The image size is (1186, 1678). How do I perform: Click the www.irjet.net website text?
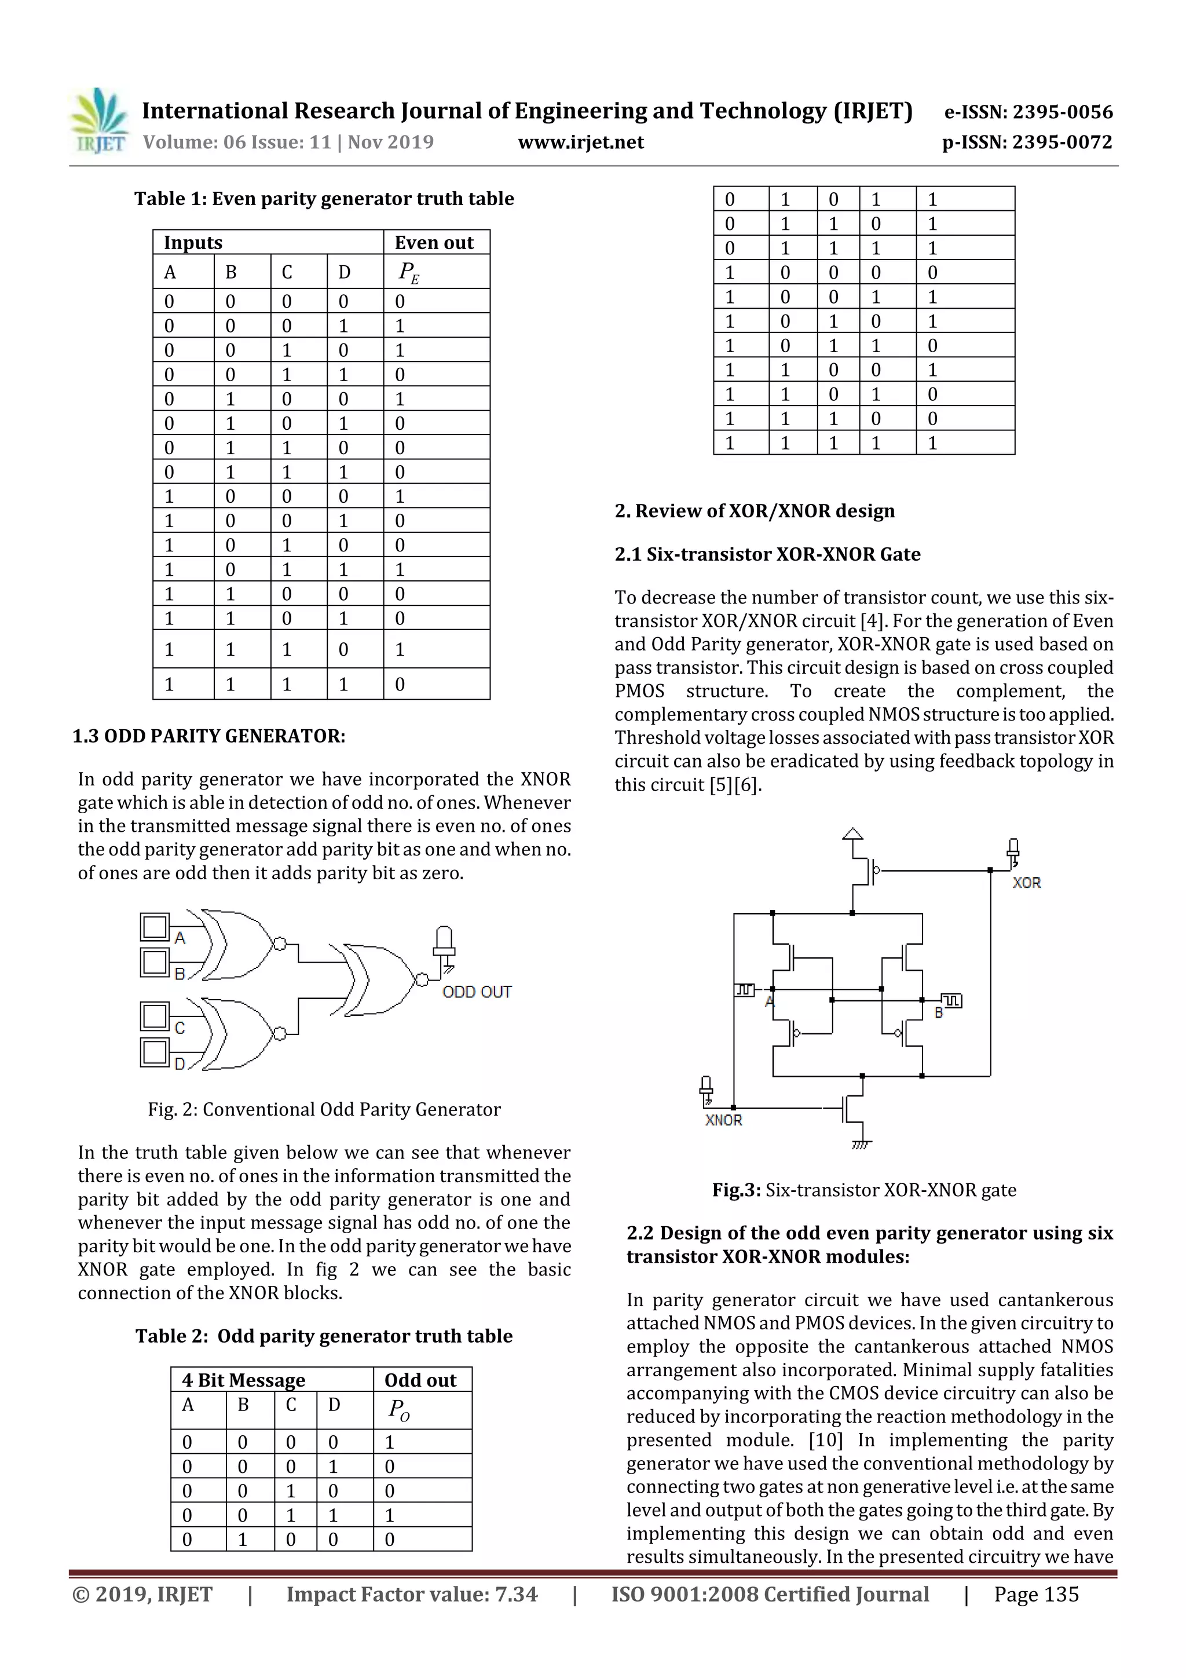coord(581,142)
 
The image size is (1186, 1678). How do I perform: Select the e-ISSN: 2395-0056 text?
coord(1028,112)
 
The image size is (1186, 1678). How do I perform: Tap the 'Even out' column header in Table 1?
coord(434,243)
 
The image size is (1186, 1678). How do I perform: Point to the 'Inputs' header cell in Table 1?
coord(193,243)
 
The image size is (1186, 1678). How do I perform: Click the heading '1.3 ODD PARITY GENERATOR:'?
coord(209,736)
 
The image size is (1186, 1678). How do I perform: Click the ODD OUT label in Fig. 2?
coord(477,992)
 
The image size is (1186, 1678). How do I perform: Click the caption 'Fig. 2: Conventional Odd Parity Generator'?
coord(324,1109)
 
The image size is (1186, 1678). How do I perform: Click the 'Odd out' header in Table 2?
coord(420,1380)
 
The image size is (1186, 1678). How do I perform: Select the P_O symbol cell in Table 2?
coord(399,1409)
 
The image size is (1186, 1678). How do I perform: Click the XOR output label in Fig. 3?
coord(1026,883)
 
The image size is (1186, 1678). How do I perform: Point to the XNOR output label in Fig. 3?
coord(723,1120)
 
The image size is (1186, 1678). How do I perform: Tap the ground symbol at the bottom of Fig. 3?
coord(862,1144)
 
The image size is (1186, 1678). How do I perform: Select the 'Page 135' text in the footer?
coord(1035,1594)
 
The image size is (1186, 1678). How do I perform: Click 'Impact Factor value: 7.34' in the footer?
coord(411,1594)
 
